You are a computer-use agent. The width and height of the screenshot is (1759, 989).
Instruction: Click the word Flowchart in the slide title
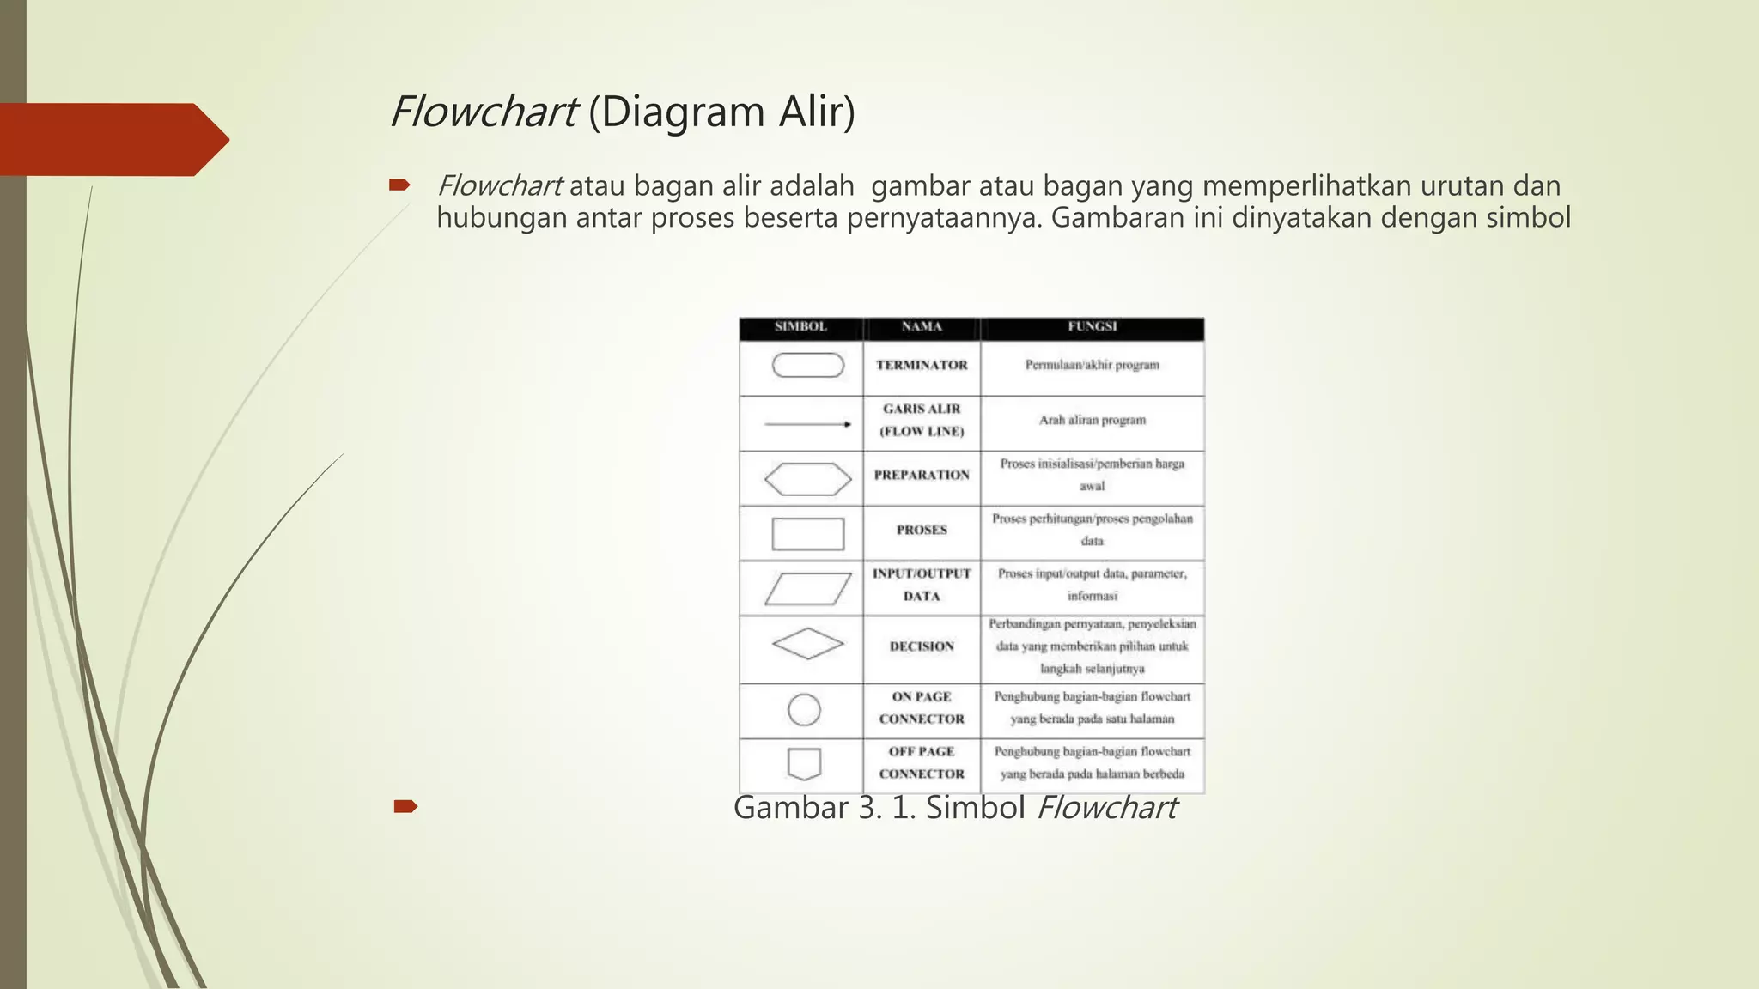tap(483, 112)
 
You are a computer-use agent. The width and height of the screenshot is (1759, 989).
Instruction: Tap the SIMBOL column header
tap(800, 327)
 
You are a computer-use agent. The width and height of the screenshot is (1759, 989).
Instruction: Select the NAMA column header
tap(922, 327)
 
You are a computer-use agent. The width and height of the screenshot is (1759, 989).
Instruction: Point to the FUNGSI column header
tap(1092, 327)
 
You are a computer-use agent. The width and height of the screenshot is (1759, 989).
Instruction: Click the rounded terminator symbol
tap(808, 366)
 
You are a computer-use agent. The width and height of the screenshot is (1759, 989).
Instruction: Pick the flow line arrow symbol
tap(808, 424)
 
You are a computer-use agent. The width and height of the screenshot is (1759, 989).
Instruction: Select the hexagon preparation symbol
tap(808, 479)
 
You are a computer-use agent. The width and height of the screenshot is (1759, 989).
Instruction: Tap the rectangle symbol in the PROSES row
tap(808, 534)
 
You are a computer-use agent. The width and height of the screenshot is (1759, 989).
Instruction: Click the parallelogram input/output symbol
tap(808, 589)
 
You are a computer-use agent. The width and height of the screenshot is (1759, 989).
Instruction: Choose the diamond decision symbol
tap(808, 644)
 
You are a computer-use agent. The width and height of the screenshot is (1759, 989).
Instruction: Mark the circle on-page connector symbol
tap(805, 710)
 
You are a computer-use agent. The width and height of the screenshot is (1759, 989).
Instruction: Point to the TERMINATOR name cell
tap(922, 366)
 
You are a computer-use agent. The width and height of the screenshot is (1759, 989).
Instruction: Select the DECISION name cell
tap(922, 646)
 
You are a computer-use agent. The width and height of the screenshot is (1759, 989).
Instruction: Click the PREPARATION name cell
tap(922, 476)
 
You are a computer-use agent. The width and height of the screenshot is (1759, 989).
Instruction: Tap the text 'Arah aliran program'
tap(1093, 421)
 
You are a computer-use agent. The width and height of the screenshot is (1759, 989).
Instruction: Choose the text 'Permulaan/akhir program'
tap(1093, 366)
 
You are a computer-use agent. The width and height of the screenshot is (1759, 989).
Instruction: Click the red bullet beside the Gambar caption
tap(405, 806)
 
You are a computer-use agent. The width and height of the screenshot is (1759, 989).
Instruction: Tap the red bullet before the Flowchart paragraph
tap(399, 185)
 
